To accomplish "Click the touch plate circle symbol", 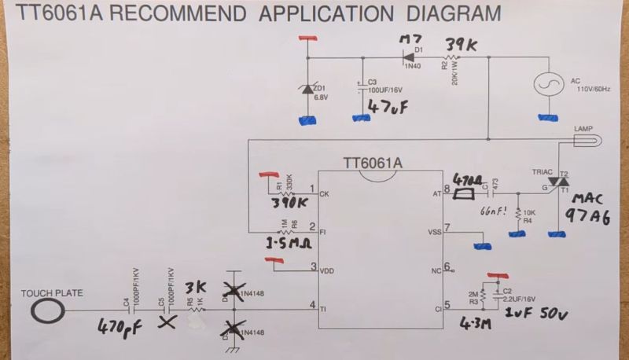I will pos(49,310).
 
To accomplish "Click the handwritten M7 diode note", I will pos(410,39).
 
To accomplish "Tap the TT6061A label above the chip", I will pos(373,163).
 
